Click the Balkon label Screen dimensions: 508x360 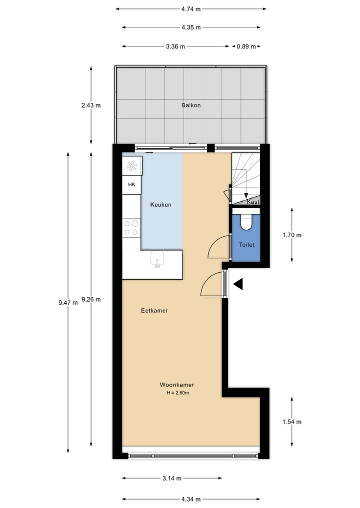point(191,105)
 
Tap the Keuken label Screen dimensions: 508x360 point(161,205)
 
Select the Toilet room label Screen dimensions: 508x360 point(246,245)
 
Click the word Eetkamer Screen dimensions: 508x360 point(154,311)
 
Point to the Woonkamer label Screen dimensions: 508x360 point(176,385)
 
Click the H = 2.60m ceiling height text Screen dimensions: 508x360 point(177,393)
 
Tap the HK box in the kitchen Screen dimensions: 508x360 point(132,185)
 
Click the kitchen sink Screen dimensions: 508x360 point(157,260)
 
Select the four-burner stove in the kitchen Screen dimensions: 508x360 point(131,228)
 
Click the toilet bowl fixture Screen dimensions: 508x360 point(246,222)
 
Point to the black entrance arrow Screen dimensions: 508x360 point(237,284)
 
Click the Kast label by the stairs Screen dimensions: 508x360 point(253,202)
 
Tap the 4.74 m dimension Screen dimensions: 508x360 point(191,8)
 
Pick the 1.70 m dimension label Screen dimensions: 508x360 point(292,235)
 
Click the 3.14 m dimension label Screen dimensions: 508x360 point(171,478)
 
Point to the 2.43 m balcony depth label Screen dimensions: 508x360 point(90,105)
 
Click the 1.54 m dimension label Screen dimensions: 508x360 point(292,422)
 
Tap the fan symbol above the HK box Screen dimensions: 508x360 point(132,166)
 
